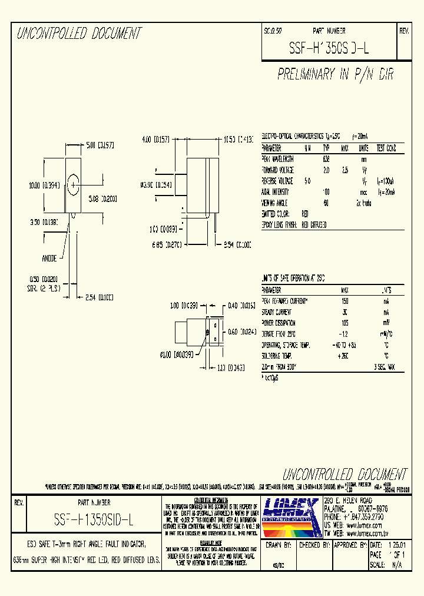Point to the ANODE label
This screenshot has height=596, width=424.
[x=50, y=257]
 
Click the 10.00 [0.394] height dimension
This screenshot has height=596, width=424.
[x=45, y=186]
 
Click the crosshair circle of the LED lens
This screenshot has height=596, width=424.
[x=72, y=185]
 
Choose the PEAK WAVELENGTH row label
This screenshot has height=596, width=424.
[x=277, y=159]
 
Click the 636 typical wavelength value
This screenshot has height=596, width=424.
[x=326, y=159]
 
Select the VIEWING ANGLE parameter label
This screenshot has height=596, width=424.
[x=276, y=203]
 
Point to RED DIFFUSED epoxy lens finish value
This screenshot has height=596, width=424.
[x=314, y=224]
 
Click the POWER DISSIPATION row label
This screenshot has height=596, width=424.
[x=279, y=323]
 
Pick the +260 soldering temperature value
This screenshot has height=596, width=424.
[x=344, y=356]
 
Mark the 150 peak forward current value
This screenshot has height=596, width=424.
[x=344, y=301]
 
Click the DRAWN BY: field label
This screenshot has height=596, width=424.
[x=279, y=545]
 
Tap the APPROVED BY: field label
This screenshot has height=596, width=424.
[x=350, y=545]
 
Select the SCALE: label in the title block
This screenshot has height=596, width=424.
[x=377, y=564]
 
